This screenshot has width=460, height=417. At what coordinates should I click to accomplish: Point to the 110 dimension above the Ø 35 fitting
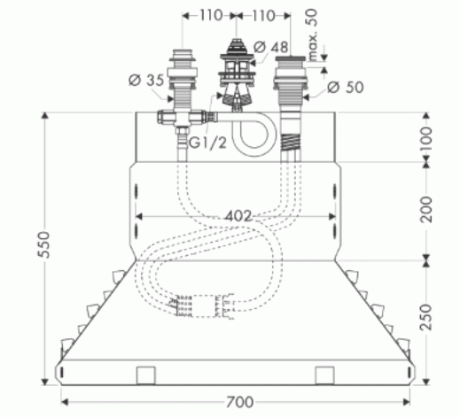pyautogui.click(x=209, y=15)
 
